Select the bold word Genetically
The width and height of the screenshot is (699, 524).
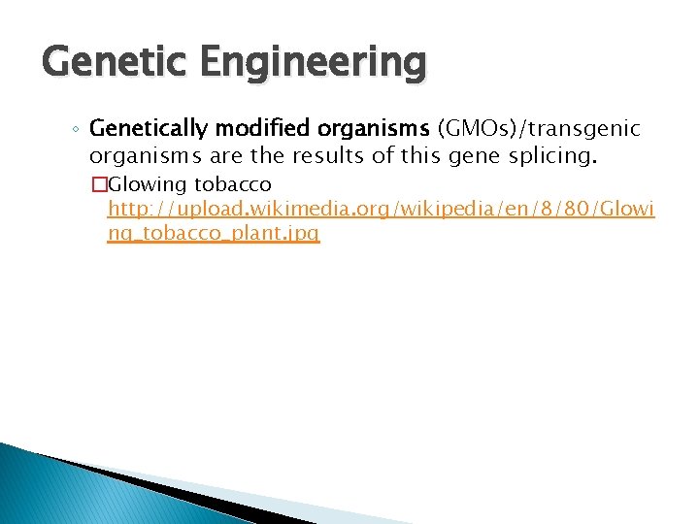coord(147,128)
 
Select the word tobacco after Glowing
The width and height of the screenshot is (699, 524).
coord(233,184)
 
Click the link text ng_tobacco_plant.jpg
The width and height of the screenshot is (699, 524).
coord(214,234)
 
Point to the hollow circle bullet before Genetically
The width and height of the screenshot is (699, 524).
coord(77,130)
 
